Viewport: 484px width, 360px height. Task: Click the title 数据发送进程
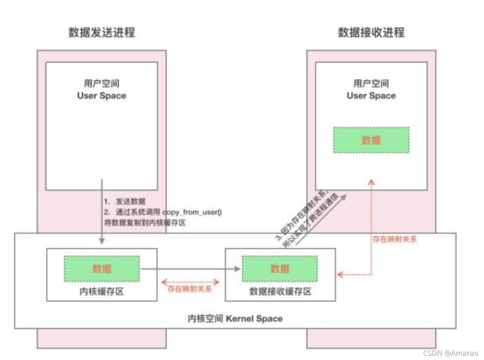click(102, 33)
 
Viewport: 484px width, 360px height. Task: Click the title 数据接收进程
click(371, 33)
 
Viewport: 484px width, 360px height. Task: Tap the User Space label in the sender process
click(102, 96)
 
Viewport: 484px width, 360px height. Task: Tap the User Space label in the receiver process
click(371, 96)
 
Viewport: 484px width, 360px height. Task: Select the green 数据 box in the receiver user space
click(371, 140)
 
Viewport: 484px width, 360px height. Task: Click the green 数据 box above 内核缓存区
click(102, 269)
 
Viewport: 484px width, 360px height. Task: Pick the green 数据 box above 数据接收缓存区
click(280, 269)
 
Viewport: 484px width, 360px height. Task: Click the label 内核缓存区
click(102, 292)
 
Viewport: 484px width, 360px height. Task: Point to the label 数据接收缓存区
click(280, 292)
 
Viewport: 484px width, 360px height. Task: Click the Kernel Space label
click(235, 318)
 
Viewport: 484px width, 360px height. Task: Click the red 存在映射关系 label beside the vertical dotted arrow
click(395, 239)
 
